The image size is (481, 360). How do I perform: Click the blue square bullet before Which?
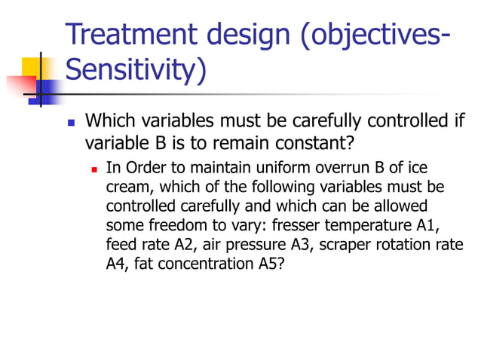coord(72,122)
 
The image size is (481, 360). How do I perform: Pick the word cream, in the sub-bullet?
coord(126,186)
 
